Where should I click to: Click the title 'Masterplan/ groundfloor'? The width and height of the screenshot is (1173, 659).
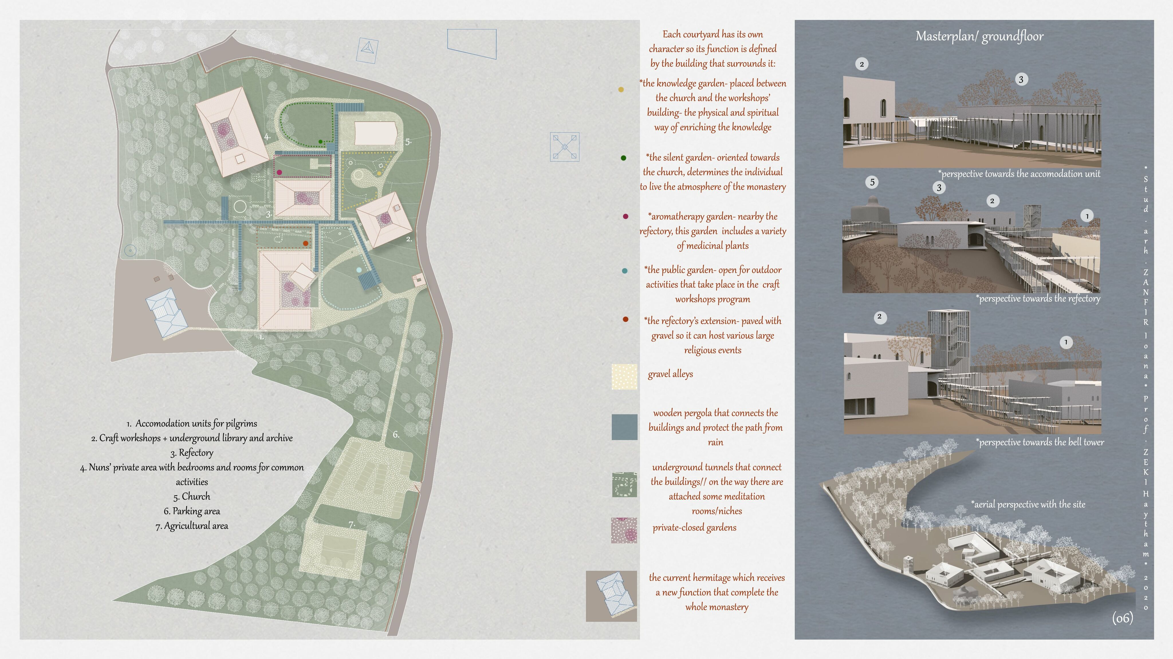pyautogui.click(x=979, y=36)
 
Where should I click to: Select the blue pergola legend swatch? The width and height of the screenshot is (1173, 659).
pyautogui.click(x=624, y=427)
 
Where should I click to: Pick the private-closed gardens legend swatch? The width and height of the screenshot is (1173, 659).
pyautogui.click(x=624, y=530)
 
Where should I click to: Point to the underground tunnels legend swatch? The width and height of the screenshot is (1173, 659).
pyautogui.click(x=624, y=484)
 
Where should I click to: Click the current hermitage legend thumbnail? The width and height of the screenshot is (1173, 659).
pyautogui.click(x=611, y=596)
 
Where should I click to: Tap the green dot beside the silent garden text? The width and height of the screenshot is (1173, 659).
pyautogui.click(x=623, y=158)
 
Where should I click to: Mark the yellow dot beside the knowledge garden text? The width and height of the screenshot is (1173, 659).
pyautogui.click(x=621, y=90)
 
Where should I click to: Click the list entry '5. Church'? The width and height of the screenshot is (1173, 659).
pyautogui.click(x=192, y=496)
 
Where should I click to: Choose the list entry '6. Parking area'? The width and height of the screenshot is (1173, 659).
pyautogui.click(x=192, y=511)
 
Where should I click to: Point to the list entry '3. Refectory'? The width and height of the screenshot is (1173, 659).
pyautogui.click(x=192, y=453)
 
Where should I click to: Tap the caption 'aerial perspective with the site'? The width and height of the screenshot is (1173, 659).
pyautogui.click(x=1028, y=504)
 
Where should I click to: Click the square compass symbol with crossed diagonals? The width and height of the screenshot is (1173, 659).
pyautogui.click(x=565, y=147)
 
